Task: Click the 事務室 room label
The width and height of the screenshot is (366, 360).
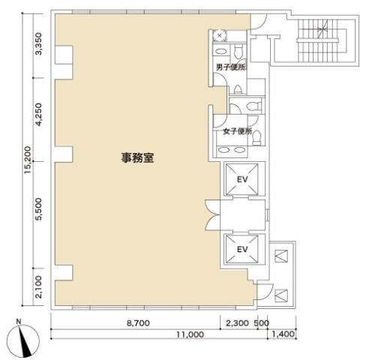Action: pos(137,157)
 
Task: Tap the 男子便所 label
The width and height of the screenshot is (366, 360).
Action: pos(230,67)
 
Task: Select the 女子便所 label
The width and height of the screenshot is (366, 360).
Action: pos(237,131)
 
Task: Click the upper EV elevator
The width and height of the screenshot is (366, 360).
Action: pos(242,179)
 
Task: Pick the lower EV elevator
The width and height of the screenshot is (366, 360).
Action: pos(242,249)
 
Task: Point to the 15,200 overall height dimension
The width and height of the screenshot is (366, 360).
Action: pos(28,160)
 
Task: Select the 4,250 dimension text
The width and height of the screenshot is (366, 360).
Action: pos(39,114)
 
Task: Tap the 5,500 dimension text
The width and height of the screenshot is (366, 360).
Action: pos(39,209)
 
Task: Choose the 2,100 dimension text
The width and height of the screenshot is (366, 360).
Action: pos(39,287)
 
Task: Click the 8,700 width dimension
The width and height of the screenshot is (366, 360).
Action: pos(138,323)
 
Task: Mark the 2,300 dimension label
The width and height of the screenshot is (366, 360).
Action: pos(238,323)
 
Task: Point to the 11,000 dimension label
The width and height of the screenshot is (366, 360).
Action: pos(190,334)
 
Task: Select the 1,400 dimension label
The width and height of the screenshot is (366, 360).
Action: pos(283,334)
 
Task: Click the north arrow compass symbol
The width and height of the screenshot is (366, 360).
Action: pos(22,340)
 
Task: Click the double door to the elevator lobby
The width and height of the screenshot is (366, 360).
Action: pos(213,215)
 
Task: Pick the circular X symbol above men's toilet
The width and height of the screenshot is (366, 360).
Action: pos(220,35)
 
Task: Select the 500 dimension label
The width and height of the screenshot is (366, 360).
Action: pos(262,323)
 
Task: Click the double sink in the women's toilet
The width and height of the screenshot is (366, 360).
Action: pos(231,150)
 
